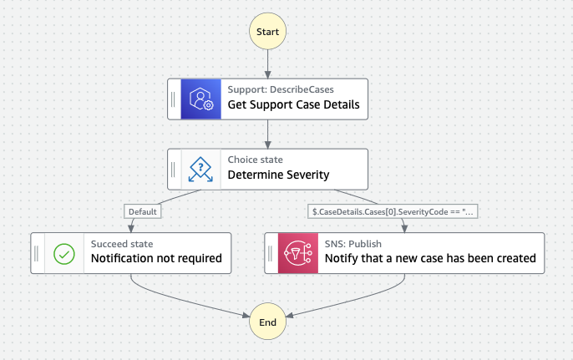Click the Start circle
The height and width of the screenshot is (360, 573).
tap(267, 32)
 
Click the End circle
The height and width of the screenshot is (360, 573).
tap(267, 322)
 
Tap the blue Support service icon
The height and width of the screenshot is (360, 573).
tap(201, 99)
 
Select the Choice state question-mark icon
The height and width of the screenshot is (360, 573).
tap(200, 170)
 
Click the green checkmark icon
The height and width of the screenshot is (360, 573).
tap(64, 254)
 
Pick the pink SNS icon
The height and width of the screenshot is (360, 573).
tap(298, 253)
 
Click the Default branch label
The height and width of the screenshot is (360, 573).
tap(143, 211)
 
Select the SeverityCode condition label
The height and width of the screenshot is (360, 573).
tap(393, 211)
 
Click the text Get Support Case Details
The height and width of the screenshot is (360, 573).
tap(293, 105)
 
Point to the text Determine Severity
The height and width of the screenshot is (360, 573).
tap(278, 175)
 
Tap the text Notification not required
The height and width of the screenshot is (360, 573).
tap(156, 258)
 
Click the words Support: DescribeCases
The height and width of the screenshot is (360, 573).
tap(281, 89)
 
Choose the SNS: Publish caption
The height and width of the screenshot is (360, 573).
tap(353, 244)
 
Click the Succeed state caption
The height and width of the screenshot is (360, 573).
tap(122, 244)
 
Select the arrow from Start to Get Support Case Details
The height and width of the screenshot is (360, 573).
tap(268, 64)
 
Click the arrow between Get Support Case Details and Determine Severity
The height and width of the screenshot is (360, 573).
tap(268, 134)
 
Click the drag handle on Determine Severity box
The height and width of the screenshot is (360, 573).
tap(173, 170)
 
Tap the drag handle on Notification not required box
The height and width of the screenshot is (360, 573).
tap(36, 254)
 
